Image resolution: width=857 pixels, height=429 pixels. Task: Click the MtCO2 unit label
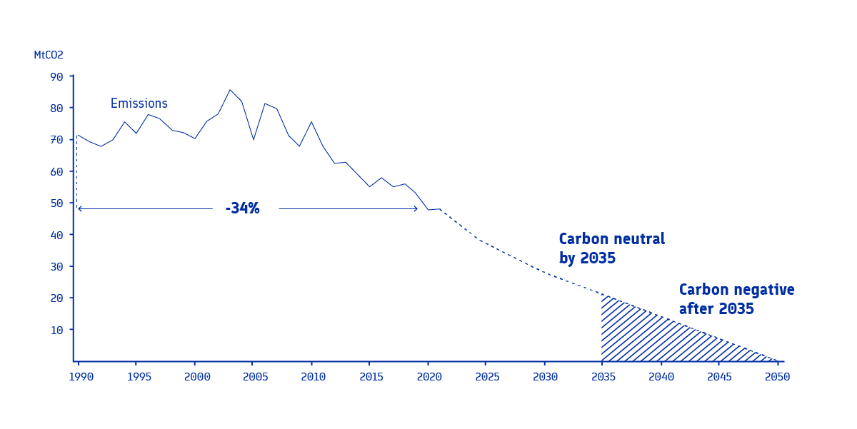coord(49,55)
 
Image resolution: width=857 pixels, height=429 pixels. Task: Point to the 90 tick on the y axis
coord(56,77)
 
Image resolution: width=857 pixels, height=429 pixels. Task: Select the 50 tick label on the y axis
coord(56,203)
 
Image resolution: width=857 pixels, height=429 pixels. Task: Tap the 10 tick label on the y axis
coord(56,330)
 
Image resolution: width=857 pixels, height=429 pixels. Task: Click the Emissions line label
coord(139,104)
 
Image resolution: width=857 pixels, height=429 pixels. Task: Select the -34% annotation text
coord(242,208)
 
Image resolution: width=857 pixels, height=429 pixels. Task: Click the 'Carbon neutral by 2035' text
coord(611,248)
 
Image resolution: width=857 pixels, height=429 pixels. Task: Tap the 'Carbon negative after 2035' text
coord(736,299)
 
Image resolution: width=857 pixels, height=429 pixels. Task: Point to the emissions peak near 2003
coord(230,90)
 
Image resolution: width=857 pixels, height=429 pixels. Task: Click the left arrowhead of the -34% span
coord(79,208)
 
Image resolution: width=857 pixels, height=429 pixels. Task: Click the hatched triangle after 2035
coord(643,335)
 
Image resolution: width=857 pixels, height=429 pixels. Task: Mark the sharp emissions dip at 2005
coord(254,139)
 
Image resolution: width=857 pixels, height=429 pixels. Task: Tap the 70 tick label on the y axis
coord(56,140)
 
